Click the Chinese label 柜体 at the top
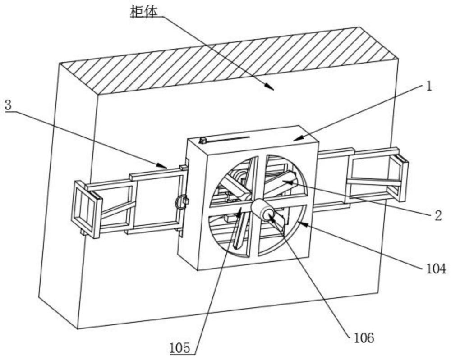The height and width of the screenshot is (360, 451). pos(144,12)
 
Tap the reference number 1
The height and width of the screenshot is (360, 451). pos(429,86)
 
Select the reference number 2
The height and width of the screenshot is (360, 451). pos(438,216)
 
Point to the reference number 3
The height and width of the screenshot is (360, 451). pos(8,105)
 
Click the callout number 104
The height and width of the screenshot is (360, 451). pos(434,269)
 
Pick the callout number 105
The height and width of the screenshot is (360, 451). pos(180,348)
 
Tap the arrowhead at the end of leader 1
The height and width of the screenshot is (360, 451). pos(298,138)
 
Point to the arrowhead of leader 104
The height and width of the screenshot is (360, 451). pos(303,223)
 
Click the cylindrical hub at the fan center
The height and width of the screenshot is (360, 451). pos(263,210)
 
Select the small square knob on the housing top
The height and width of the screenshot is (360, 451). pos(203,141)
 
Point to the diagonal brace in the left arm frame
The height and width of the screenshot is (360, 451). pos(118,209)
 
